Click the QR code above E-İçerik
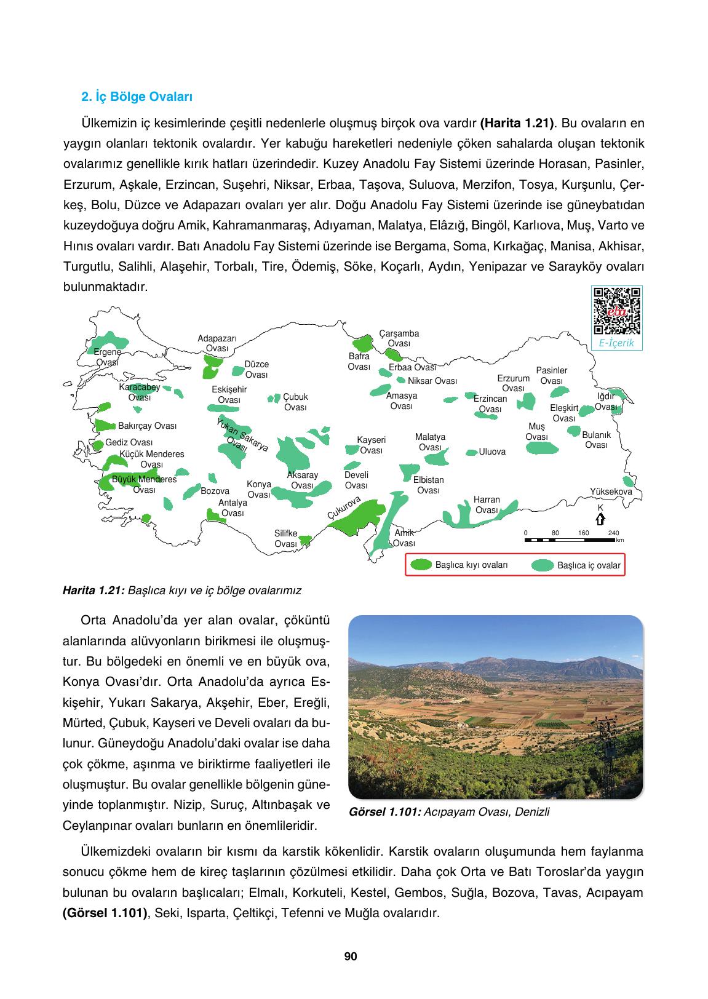click(616, 311)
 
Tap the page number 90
click(351, 957)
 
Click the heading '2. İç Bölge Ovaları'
click(137, 97)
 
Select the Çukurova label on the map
click(343, 507)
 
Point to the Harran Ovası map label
click(487, 505)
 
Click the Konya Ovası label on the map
click(259, 490)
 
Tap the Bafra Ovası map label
click(359, 362)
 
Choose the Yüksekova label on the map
click(611, 492)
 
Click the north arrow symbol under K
click(600, 519)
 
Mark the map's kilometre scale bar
click(569, 540)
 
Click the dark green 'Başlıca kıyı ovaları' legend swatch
click(421, 565)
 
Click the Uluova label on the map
click(492, 452)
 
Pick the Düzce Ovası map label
click(257, 370)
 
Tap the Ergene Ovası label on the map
click(108, 357)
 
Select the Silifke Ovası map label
click(286, 539)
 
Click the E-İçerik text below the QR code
click(616, 343)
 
